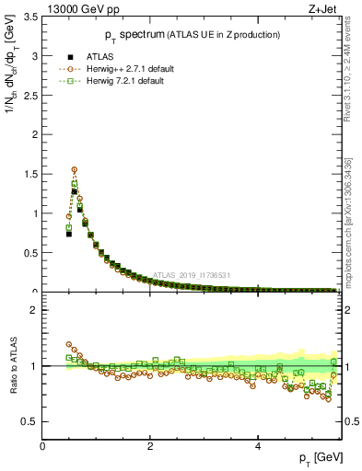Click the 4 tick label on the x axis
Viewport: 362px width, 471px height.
click(258, 447)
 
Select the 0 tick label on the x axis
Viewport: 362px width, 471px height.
click(43, 447)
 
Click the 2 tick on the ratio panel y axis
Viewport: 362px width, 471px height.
click(34, 310)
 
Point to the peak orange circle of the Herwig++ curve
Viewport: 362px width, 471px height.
click(75, 169)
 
